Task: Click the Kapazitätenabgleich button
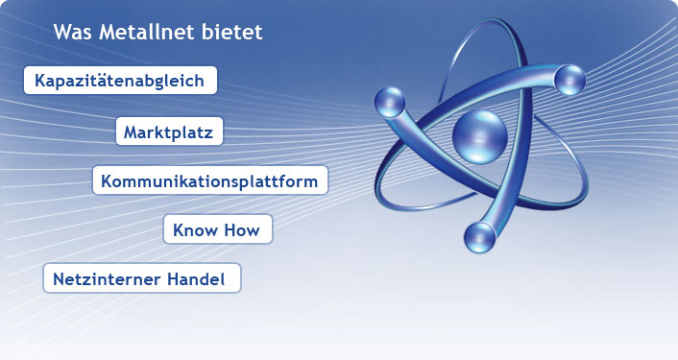[x=119, y=81]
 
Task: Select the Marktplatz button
[x=169, y=131]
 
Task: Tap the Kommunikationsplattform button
[x=210, y=180]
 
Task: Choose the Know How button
[x=217, y=229]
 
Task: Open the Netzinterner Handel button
[x=141, y=279]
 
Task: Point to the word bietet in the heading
[x=233, y=32]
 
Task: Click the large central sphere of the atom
[x=477, y=136]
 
